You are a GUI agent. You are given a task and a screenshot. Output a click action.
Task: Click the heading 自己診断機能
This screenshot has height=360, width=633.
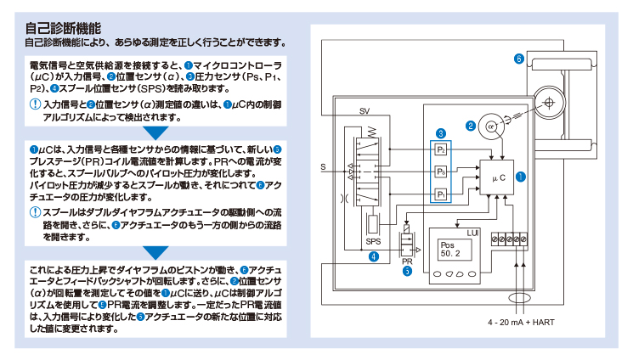[x=63, y=28]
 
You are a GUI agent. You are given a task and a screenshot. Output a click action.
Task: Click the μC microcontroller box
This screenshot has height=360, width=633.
[x=496, y=177]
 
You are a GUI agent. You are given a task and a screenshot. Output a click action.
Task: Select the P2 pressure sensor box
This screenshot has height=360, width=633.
[x=441, y=149]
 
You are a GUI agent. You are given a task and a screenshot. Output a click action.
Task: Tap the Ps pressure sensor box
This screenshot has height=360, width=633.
[x=441, y=172]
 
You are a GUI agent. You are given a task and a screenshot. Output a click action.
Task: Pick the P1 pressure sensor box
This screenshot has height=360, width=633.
[x=441, y=194]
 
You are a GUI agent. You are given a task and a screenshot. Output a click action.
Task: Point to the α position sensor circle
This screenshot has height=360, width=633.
[x=491, y=127]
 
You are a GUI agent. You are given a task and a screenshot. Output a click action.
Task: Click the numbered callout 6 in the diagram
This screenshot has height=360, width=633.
[x=519, y=59]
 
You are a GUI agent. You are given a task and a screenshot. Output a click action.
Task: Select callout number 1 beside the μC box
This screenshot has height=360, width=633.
[x=521, y=177]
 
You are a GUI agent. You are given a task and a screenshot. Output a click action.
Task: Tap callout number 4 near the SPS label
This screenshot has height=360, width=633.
[x=374, y=256]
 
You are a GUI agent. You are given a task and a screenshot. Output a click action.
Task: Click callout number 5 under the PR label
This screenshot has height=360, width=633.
[x=407, y=271]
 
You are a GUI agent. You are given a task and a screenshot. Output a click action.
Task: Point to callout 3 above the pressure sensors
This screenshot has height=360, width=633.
[x=441, y=133]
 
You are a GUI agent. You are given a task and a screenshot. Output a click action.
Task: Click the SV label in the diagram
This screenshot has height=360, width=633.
[x=365, y=111]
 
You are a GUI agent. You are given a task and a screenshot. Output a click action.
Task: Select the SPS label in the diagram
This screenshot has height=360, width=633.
[x=373, y=242]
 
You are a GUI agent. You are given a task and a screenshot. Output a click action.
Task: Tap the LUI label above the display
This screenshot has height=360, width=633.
[x=472, y=233]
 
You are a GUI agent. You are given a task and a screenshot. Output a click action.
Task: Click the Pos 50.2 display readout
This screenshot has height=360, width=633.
[x=450, y=250]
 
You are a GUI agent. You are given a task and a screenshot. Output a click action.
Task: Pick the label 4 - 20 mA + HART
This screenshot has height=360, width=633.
[x=521, y=323]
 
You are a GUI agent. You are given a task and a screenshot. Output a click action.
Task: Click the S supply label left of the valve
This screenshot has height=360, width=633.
[x=323, y=167]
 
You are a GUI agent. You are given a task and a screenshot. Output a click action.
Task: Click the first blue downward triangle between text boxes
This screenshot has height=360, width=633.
[x=155, y=133]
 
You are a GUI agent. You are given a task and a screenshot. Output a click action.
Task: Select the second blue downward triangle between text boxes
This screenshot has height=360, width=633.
[x=155, y=253]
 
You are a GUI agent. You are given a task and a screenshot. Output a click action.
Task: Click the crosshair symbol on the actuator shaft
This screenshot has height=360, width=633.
[x=549, y=103]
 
